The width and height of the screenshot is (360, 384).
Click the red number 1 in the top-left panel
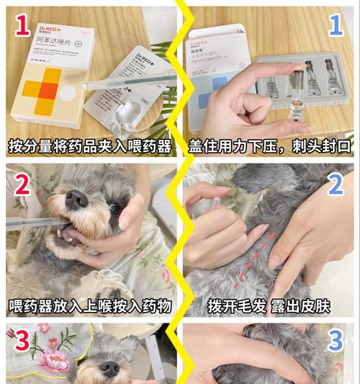tap(22, 27)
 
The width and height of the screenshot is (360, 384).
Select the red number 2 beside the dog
tap(22, 185)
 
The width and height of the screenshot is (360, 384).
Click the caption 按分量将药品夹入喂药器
tap(90, 147)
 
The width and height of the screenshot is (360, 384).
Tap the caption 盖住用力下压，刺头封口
tap(270, 147)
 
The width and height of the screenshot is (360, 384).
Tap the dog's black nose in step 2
tap(76, 198)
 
